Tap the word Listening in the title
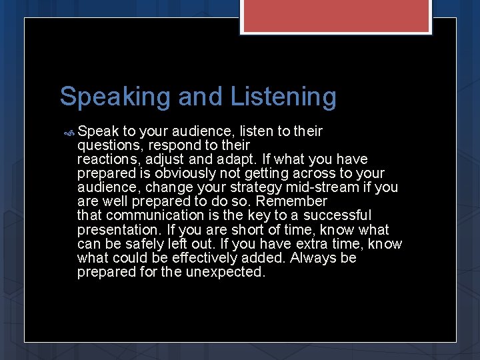point(283,97)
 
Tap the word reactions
point(107,159)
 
